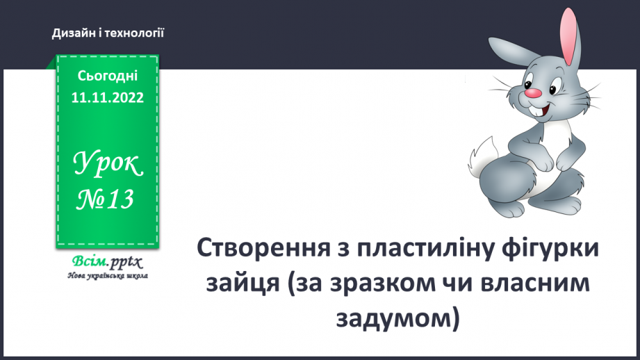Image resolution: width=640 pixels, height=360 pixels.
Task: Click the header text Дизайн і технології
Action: tap(107, 33)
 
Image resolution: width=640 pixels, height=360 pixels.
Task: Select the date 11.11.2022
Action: tap(107, 98)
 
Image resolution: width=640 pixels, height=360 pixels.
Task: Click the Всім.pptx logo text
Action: tap(106, 262)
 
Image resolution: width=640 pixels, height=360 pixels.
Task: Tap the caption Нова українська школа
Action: tap(107, 275)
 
